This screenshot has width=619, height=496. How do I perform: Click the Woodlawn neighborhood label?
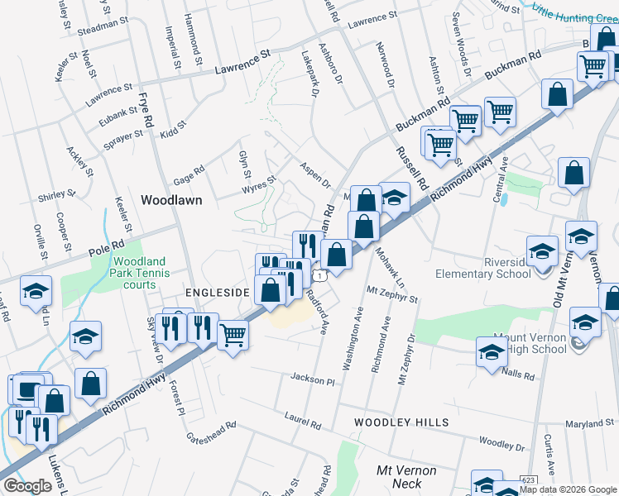coord(171,200)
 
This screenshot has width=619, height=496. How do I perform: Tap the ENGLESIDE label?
coord(217,293)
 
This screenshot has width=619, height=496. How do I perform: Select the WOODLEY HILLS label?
coord(401,422)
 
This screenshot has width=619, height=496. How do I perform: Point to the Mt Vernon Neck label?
coord(405,476)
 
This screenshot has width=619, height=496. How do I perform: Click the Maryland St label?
coord(590,424)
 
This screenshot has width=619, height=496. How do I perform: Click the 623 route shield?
coord(529,479)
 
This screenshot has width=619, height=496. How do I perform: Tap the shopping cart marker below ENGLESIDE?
coord(233,335)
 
